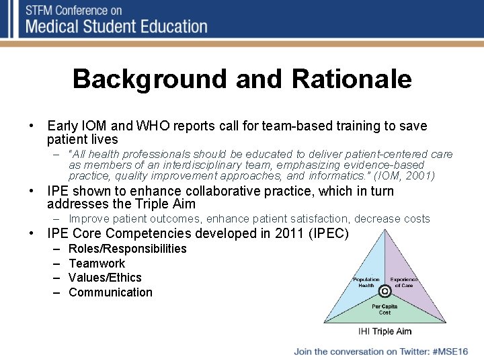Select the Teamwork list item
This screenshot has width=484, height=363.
(97, 264)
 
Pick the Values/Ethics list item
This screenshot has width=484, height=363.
(105, 278)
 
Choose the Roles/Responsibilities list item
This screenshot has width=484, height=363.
(128, 249)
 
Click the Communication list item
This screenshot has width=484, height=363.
(110, 292)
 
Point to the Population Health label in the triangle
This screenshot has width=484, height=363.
(366, 282)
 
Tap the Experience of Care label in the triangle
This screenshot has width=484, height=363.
(404, 282)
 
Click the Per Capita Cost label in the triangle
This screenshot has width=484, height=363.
(385, 309)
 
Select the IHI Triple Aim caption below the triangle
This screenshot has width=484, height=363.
(385, 331)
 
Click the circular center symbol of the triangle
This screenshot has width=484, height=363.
(385, 292)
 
